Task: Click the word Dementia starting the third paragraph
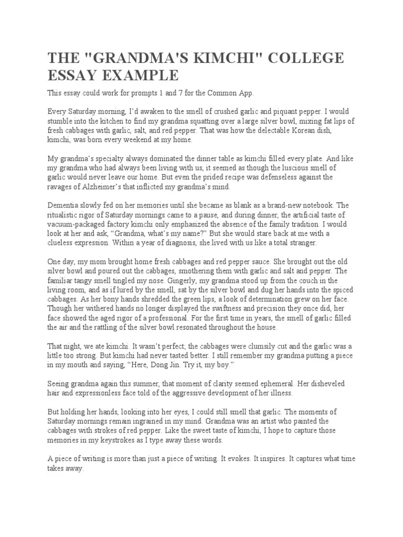65,206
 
